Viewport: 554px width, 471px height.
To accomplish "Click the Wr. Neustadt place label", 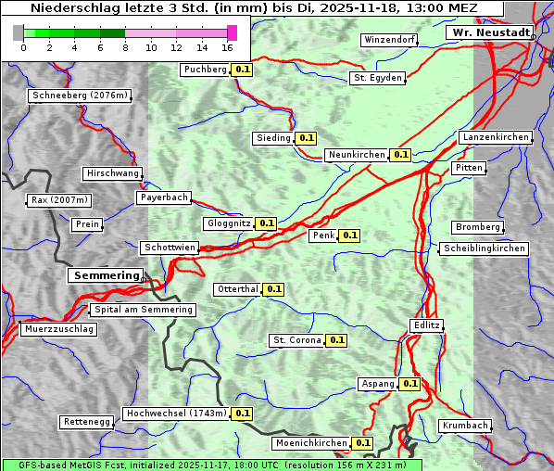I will pos(489,32).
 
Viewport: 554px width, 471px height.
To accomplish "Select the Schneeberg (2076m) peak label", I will pos(79,95).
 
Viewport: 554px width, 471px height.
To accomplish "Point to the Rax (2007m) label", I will pos(58,199).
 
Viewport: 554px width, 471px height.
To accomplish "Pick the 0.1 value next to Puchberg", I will pos(243,70).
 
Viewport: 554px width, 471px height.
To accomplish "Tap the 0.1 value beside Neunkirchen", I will pos(401,155).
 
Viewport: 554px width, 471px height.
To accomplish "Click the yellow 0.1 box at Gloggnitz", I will pos(266,223).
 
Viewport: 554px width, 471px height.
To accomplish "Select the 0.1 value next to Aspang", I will pos(410,384).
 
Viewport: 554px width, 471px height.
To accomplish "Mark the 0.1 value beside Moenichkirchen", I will pos(363,443).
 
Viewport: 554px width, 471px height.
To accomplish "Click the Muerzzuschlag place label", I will pos(58,329).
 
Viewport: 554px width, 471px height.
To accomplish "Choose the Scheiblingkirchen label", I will pos(484,248).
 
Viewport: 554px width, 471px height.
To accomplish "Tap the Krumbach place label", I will pos(464,426).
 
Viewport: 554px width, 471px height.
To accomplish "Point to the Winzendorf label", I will pos(389,40).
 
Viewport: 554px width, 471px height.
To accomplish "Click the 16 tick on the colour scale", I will pos(228,47).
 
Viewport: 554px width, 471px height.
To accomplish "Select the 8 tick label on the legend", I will pos(125,47).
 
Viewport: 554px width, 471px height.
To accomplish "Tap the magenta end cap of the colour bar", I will pos(232,32).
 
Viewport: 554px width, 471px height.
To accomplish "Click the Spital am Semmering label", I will pos(143,310).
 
